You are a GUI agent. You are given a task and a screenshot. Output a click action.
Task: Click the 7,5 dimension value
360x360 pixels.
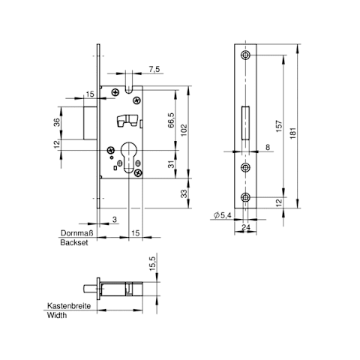pyautogui.click(x=154, y=69)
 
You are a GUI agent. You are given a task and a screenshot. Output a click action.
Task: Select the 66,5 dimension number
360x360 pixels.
pyautogui.click(x=171, y=120)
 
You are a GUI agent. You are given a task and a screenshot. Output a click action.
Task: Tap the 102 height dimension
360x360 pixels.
pyautogui.click(x=184, y=130)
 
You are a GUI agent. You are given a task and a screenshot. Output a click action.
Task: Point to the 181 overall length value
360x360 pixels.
pyautogui.click(x=292, y=133)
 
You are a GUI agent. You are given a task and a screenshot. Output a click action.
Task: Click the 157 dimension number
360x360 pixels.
pyautogui.click(x=279, y=126)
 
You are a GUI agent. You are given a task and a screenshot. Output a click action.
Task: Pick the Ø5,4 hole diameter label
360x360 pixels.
pyautogui.click(x=222, y=215)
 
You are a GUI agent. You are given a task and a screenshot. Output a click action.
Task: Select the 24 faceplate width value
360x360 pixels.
pyautogui.click(x=246, y=227)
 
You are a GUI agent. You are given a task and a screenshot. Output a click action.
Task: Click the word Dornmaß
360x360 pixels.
pyautogui.click(x=77, y=233)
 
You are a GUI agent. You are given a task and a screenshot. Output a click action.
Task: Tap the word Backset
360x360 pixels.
pyautogui.click(x=74, y=242)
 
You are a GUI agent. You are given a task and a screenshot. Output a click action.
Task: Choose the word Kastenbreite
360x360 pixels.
pyautogui.click(x=69, y=306)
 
